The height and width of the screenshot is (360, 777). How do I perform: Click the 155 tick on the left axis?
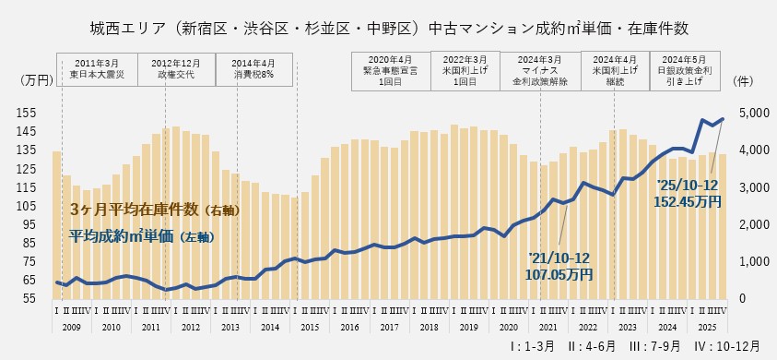point(26,113)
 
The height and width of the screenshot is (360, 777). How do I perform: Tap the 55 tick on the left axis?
point(29,299)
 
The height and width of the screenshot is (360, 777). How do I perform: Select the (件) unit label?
point(745,81)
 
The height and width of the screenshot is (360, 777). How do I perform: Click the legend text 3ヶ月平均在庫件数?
point(155,210)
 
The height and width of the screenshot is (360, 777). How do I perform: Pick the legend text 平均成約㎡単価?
point(143,235)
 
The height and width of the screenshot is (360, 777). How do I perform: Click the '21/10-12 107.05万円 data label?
point(559,267)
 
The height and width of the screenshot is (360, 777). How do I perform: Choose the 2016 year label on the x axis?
point(350,327)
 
